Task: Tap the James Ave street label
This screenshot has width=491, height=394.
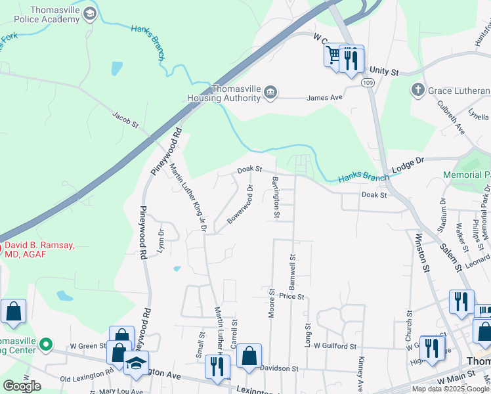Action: click(326, 98)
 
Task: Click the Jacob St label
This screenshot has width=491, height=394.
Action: click(125, 120)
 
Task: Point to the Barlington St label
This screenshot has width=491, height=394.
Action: click(276, 197)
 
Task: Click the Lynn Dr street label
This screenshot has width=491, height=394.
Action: click(160, 240)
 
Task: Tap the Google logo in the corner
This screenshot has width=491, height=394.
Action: click(22, 386)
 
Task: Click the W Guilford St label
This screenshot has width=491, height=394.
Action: click(334, 345)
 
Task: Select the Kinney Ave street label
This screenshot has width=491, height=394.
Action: click(360, 374)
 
